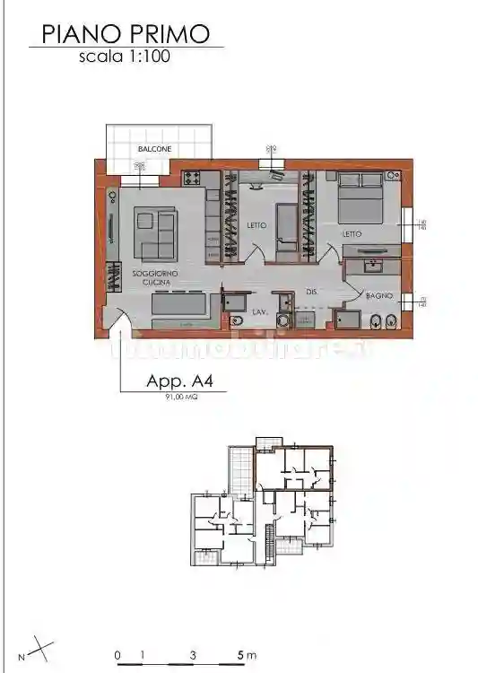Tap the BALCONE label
click(154, 149)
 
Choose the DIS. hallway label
click(312, 293)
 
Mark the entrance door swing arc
click(119, 319)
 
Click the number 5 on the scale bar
click(241, 655)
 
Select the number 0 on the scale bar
click(117, 655)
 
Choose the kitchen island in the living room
click(180, 306)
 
